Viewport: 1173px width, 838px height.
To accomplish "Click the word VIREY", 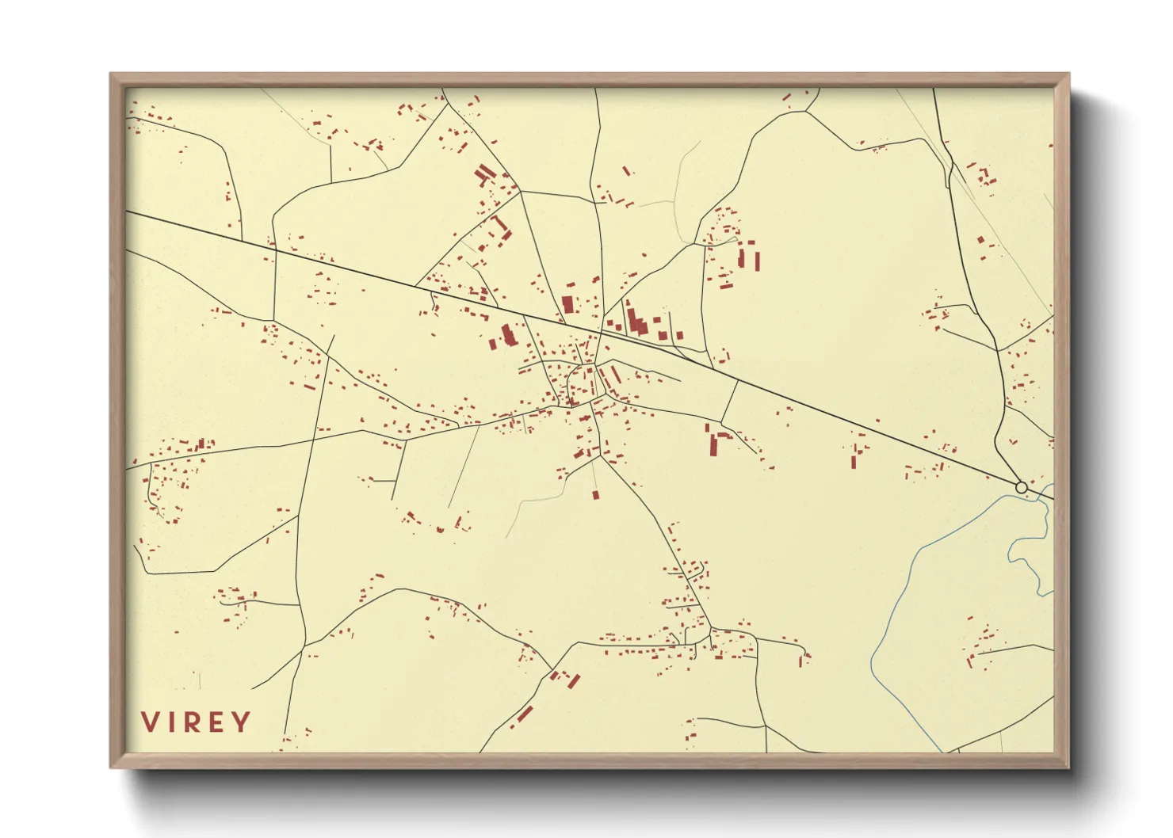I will tap(196, 722).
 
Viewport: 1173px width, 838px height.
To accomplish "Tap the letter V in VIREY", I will tap(150, 722).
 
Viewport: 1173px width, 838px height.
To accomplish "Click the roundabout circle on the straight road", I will tap(1021, 487).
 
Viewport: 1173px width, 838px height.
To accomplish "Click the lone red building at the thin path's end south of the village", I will tap(595, 495).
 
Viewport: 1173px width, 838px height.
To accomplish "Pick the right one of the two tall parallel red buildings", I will tap(756, 261).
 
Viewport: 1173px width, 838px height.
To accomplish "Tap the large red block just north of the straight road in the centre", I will tap(567, 305).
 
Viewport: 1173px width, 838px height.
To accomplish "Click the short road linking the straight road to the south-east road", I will tap(729, 400).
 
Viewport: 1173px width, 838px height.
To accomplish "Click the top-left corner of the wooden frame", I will tap(110, 74).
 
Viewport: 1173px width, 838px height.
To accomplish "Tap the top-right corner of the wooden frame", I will tap(1069, 74).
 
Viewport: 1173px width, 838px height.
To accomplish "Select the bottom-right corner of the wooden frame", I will tap(1069, 768).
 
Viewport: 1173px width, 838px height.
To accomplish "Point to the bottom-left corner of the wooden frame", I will tap(110, 768).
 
